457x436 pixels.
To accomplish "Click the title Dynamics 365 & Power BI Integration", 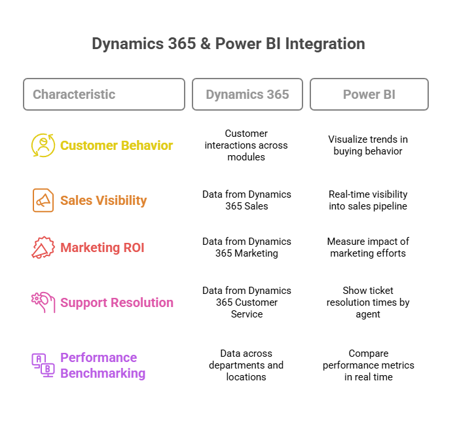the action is (228, 44).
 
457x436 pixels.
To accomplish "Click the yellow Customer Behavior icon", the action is (43, 145).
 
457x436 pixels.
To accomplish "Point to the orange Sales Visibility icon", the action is (43, 200).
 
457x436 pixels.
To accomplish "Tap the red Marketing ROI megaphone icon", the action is (43, 247).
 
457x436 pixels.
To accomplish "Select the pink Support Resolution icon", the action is (43, 302).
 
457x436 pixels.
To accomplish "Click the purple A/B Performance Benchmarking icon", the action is (43, 365).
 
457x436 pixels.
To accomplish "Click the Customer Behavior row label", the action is (117, 145).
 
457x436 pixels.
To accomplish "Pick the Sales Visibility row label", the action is (103, 200).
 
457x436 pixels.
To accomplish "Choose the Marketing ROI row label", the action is (102, 247).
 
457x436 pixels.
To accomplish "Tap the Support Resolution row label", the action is (117, 303).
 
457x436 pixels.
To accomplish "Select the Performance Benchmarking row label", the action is (103, 365).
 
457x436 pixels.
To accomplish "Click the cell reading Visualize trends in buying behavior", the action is (368, 145).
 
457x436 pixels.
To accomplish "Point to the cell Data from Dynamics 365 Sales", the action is (247, 200).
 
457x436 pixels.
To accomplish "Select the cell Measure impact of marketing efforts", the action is (368, 247).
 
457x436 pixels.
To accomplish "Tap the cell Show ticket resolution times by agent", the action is (368, 302).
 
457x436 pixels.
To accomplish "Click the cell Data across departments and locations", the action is (246, 365).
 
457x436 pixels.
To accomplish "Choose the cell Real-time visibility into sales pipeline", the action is (368, 200).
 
